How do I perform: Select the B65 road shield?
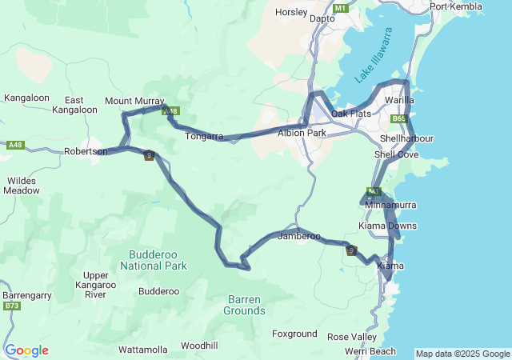click(x=399, y=118)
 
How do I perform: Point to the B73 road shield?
click(x=11, y=306)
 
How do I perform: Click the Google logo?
click(x=26, y=350)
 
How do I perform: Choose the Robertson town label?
click(x=86, y=151)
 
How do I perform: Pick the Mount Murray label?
click(x=134, y=102)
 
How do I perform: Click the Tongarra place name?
click(x=204, y=137)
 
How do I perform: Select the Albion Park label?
click(x=302, y=133)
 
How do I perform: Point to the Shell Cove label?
click(x=396, y=154)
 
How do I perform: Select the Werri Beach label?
click(x=370, y=351)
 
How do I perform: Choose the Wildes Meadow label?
click(x=21, y=186)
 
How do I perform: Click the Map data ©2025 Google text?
click(x=462, y=354)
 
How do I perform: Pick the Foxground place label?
click(x=294, y=334)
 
